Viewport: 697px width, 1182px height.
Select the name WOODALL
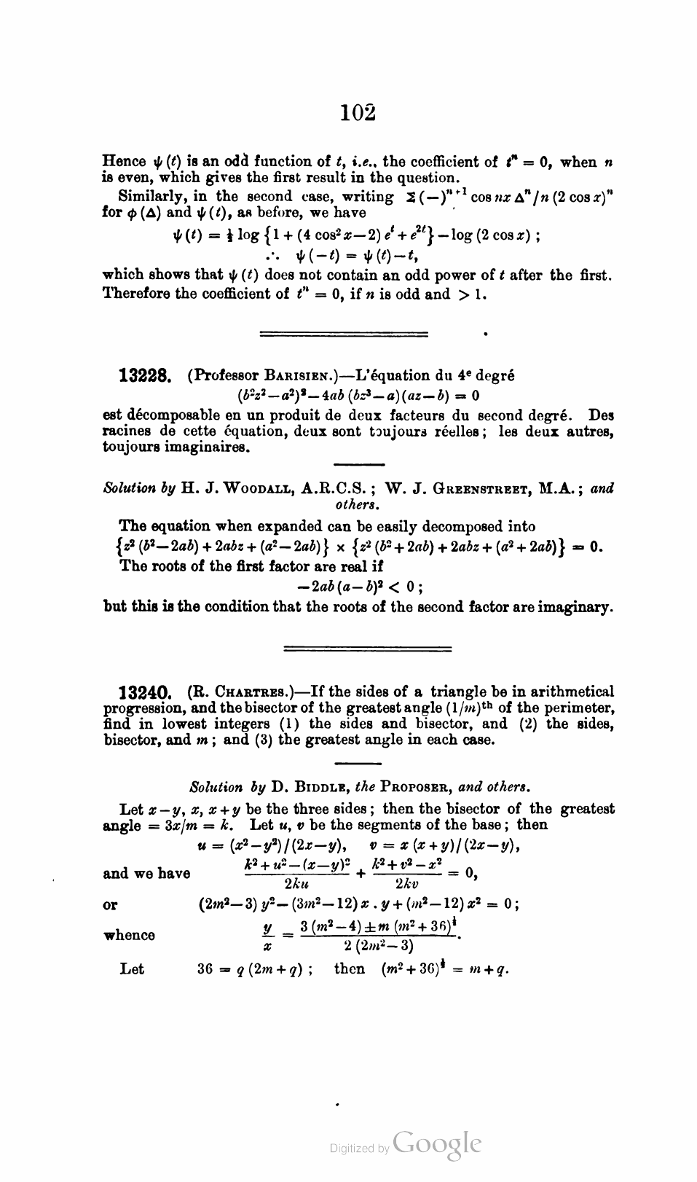coord(249,489)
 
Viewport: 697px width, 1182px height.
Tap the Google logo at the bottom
coord(436,1144)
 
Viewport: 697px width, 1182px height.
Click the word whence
coord(129,936)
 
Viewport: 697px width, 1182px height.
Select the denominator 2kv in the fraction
coord(408,884)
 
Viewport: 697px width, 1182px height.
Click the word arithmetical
coord(558,692)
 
